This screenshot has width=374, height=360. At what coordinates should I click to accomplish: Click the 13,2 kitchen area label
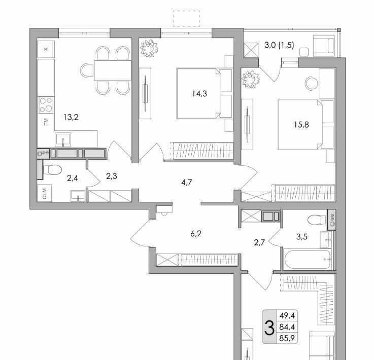coord(71,117)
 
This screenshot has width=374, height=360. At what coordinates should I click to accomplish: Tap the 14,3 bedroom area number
coord(199,94)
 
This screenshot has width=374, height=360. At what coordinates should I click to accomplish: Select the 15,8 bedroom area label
coord(301,124)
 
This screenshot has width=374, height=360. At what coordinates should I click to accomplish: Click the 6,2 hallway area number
coord(196,233)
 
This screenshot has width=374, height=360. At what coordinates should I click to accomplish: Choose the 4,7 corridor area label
coord(187,183)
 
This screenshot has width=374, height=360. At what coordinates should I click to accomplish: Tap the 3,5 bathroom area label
coord(301,237)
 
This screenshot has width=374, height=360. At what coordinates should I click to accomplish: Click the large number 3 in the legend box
coord(269,328)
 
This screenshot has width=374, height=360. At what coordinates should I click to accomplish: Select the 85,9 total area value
coord(287,338)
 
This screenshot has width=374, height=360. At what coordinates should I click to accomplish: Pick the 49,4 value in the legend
coord(287,316)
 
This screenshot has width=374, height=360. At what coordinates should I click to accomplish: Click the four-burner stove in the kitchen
coord(46,105)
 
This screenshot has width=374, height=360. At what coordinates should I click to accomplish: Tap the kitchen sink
coord(63,139)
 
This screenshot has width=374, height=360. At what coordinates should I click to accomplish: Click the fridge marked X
coord(46,49)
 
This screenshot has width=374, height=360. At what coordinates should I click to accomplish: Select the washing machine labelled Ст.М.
coord(45,193)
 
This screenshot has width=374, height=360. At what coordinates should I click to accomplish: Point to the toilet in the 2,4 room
coord(52,170)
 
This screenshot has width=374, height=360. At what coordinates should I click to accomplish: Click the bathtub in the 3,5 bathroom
coord(308,260)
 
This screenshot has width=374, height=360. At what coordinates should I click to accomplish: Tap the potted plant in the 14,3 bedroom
coord(149,48)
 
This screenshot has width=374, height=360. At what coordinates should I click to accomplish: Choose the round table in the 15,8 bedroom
coord(312,83)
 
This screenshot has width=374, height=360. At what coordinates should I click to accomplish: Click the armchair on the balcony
coord(324,46)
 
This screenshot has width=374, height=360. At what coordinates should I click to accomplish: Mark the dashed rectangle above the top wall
coord(186,19)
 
